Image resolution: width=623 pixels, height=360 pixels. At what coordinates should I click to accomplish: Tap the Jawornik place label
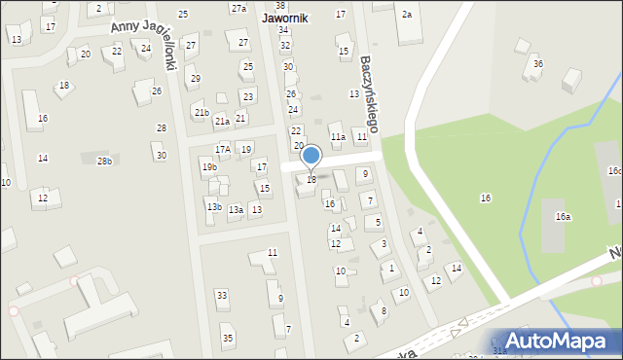click(285, 18)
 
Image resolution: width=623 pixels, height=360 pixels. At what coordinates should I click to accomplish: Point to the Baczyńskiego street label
click(368, 93)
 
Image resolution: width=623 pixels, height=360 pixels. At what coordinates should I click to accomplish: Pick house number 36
click(537, 64)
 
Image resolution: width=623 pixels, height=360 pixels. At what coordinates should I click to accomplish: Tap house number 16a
click(563, 217)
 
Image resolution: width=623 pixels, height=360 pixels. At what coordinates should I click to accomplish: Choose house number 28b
click(104, 160)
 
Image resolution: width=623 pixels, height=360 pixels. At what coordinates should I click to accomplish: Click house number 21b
click(201, 113)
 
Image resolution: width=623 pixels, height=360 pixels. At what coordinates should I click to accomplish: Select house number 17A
click(223, 149)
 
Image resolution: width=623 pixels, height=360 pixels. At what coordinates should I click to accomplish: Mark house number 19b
click(209, 167)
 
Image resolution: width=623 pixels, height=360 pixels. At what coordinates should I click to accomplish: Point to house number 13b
click(214, 206)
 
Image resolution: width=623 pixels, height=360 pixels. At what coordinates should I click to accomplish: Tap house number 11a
click(337, 137)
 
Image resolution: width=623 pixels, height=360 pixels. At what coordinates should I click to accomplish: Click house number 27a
click(238, 8)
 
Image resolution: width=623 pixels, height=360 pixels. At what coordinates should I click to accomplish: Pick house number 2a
click(407, 15)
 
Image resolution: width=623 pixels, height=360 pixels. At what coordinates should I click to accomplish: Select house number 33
click(222, 295)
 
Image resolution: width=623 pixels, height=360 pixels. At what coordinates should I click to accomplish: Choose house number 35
click(228, 338)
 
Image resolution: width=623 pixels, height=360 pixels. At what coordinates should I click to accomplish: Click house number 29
click(196, 78)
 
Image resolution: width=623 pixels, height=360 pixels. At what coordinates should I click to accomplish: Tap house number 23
click(247, 96)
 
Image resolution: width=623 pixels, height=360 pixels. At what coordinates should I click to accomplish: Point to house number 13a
click(236, 209)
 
